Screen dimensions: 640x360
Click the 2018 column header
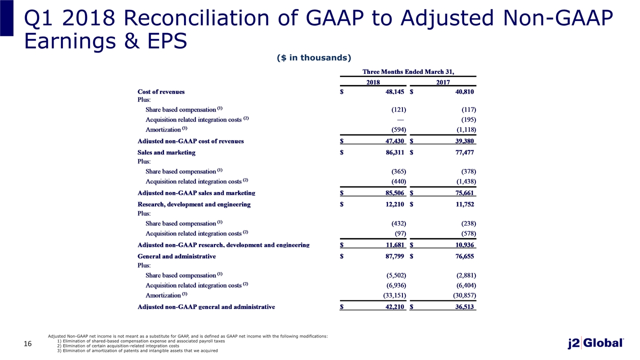click(373, 82)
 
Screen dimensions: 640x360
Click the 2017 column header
click(443, 82)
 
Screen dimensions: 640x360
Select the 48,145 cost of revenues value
click(395, 91)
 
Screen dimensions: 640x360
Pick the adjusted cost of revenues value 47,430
click(395, 141)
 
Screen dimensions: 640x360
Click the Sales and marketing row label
click(166, 152)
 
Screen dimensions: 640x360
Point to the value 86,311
click(395, 152)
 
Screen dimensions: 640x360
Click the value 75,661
click(464, 193)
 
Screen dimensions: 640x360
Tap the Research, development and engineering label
click(194, 204)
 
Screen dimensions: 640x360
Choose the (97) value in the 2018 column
click(400, 233)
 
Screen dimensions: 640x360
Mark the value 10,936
click(464, 245)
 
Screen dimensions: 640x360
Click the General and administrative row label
click(176, 256)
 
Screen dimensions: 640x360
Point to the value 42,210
click(395, 307)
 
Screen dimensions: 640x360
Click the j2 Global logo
click(595, 343)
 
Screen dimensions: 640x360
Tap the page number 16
click(27, 343)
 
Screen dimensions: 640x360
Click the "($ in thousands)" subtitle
click(314, 57)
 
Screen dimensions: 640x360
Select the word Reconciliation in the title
click(196, 18)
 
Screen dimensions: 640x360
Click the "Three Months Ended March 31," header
click(408, 71)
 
